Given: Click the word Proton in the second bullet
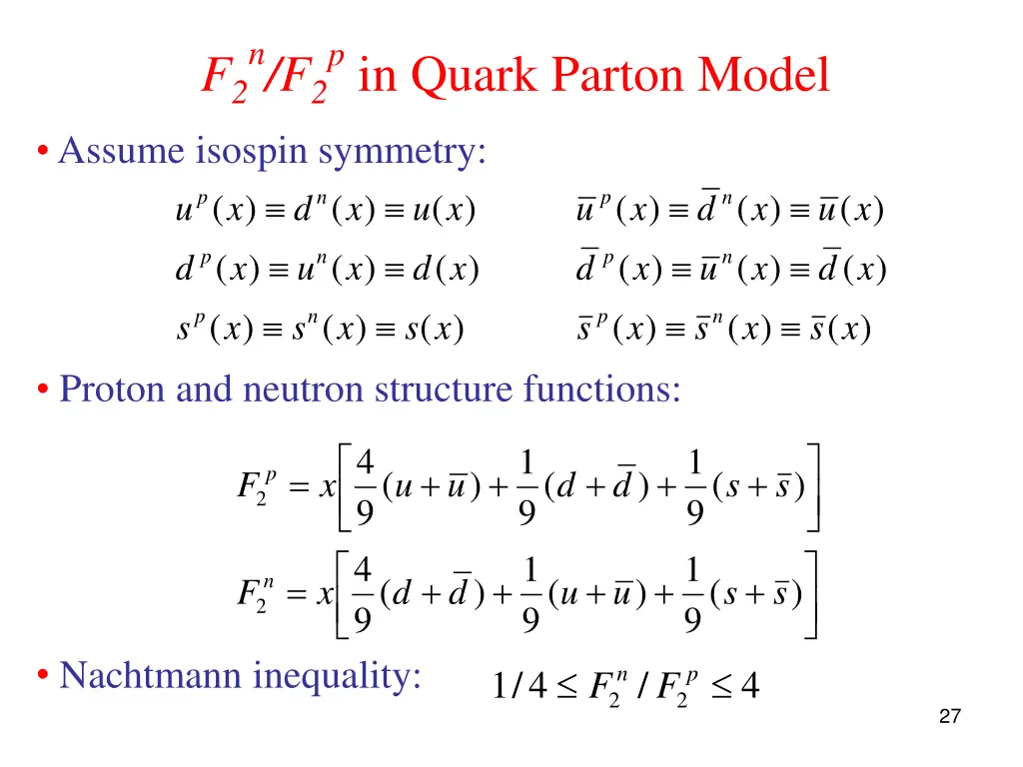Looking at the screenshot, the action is coord(113,388).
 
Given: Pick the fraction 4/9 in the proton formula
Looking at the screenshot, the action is coord(365,487).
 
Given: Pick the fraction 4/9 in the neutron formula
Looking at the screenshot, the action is coord(365,594).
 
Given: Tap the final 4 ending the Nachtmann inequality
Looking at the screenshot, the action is coord(749,687).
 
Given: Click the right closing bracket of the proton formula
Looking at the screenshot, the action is coord(814,487).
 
